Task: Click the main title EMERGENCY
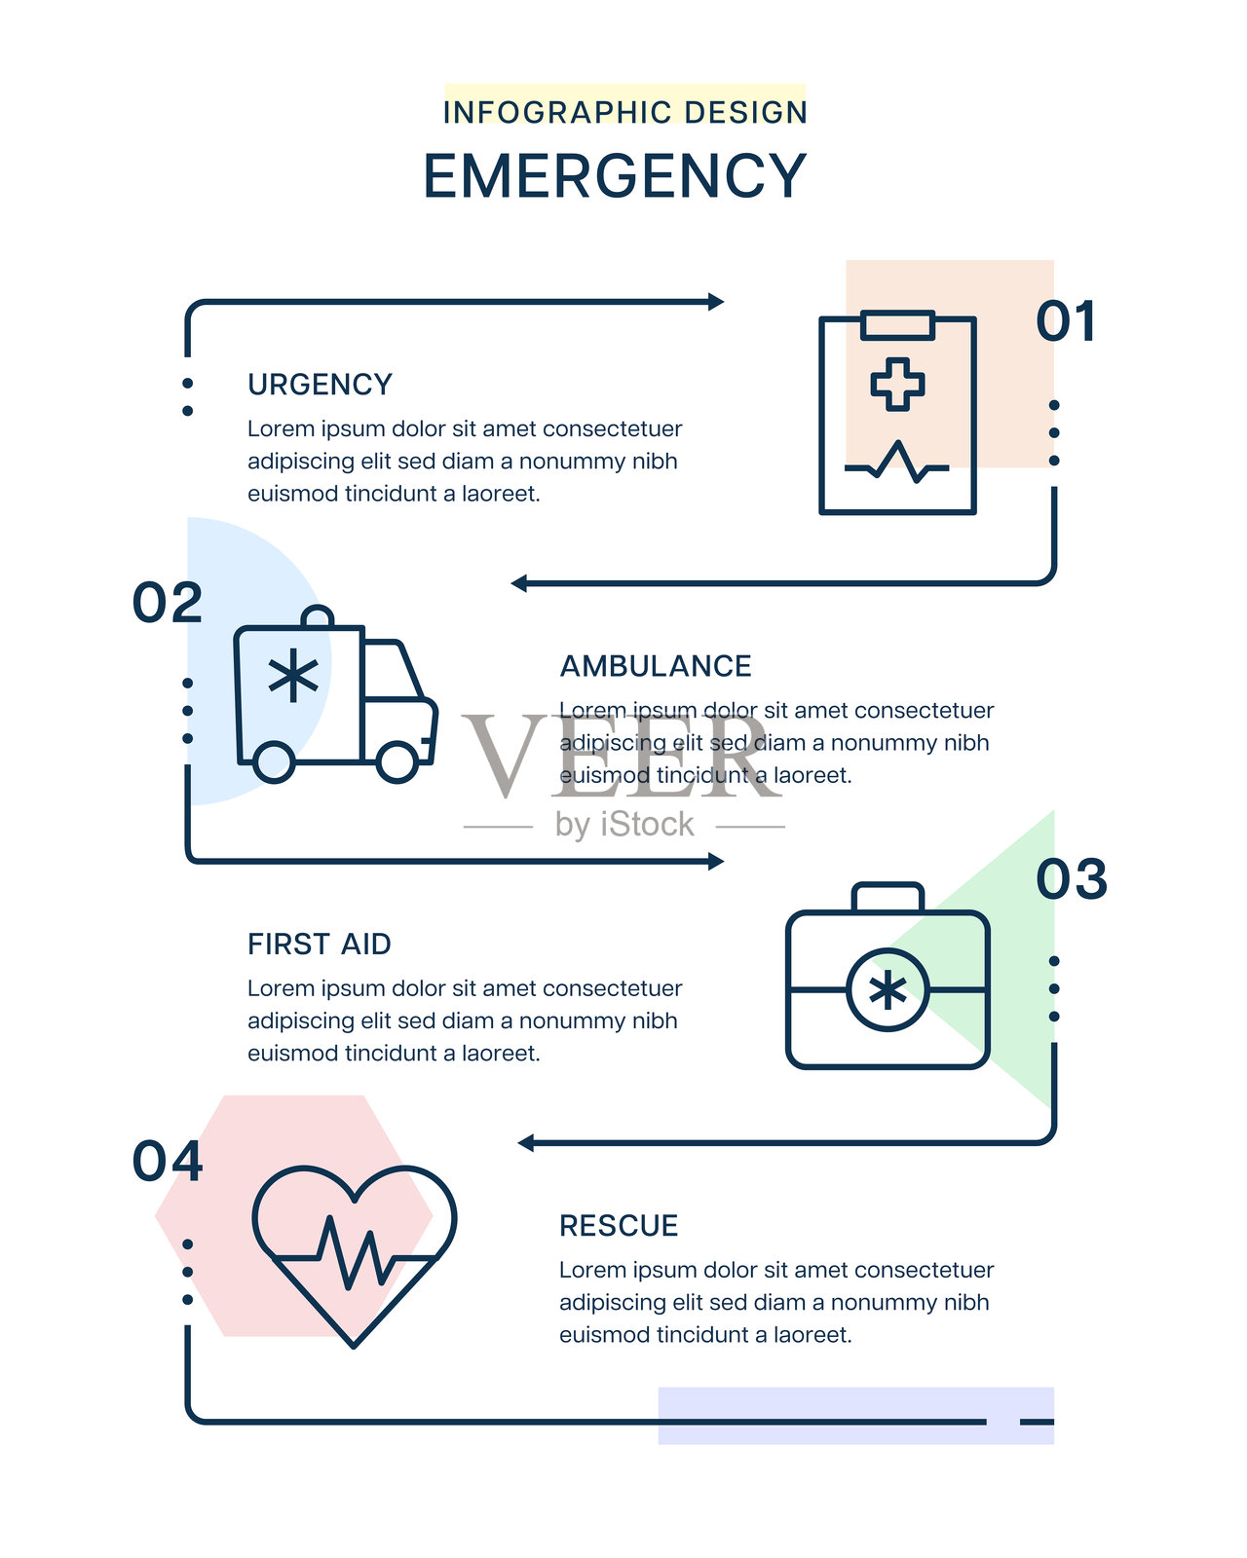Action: click(x=615, y=176)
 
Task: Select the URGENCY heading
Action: click(x=320, y=385)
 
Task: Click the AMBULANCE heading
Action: click(x=656, y=666)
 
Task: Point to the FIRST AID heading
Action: click(x=320, y=945)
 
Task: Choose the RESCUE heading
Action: click(x=619, y=1226)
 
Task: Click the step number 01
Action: click(x=1067, y=321)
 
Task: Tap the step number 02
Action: click(x=168, y=603)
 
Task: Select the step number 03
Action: click(x=1072, y=879)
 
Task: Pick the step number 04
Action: click(x=168, y=1162)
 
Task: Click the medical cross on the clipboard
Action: click(x=897, y=384)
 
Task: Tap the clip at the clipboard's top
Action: click(x=897, y=324)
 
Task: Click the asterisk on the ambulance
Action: click(x=293, y=678)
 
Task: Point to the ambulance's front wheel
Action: click(x=397, y=761)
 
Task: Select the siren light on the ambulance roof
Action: click(x=318, y=617)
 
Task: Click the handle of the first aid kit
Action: click(x=888, y=896)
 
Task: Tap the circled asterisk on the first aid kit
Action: click(x=888, y=990)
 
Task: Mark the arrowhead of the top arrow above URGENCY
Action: click(x=716, y=302)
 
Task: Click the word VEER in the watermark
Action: click(x=622, y=756)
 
